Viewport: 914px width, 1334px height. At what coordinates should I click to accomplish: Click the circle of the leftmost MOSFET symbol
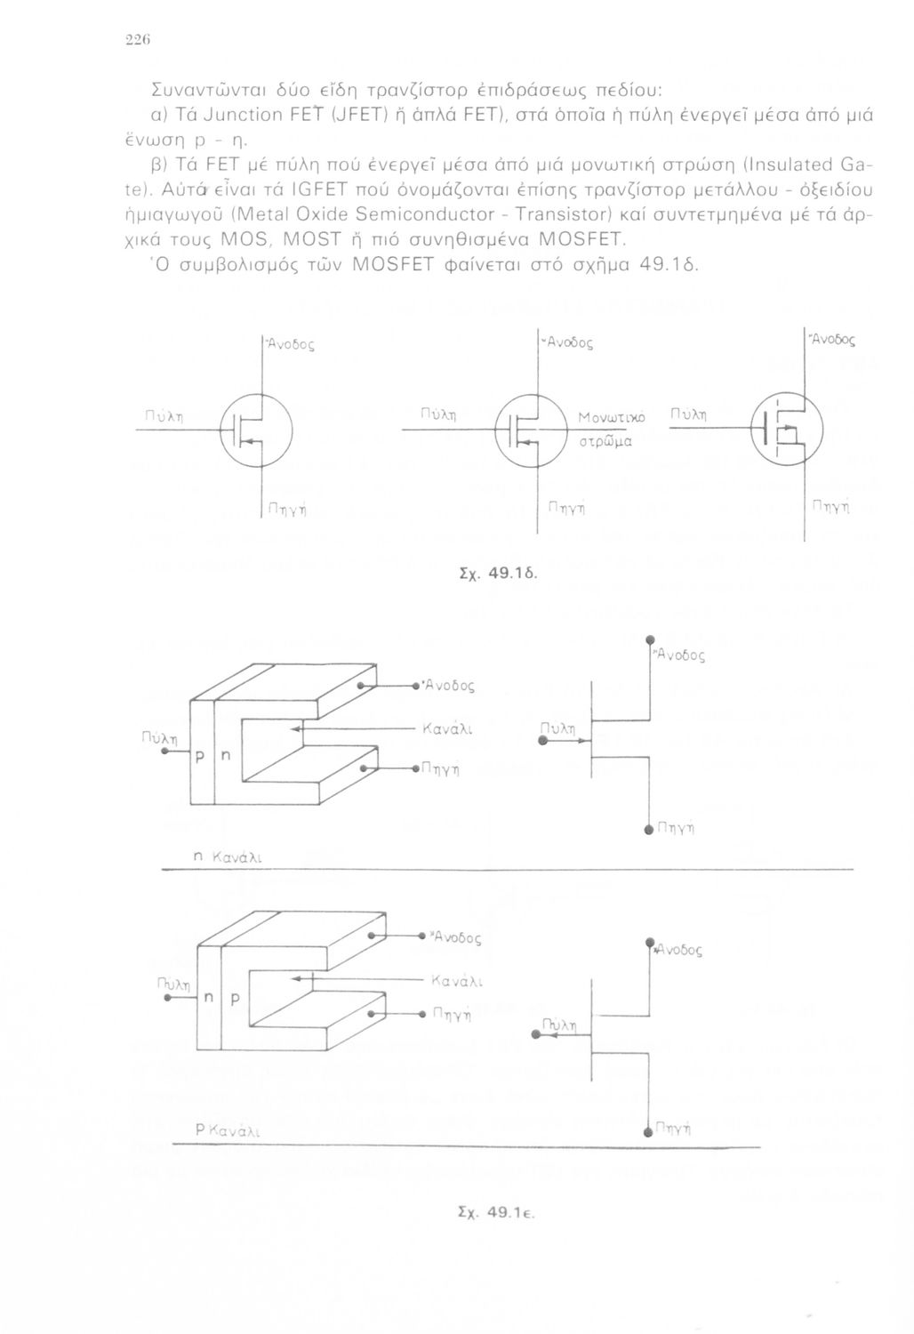click(256, 430)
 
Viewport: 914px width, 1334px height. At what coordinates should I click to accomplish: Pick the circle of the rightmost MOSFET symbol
click(790, 430)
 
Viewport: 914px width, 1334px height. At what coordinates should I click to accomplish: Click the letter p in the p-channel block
click(236, 999)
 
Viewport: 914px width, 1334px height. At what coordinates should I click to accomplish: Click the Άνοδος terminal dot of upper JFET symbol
click(650, 639)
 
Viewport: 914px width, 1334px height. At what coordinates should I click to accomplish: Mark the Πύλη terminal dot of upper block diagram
click(165, 751)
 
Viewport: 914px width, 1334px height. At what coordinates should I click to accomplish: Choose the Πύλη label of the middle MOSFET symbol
click(437, 414)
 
